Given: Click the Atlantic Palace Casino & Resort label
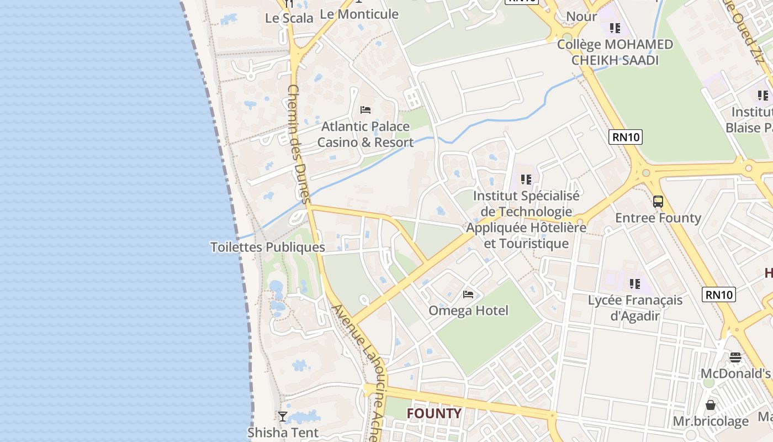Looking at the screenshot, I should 365,134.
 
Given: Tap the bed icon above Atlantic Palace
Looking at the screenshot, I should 365,109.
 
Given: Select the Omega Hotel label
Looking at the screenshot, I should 468,311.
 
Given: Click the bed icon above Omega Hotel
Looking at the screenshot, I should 468,294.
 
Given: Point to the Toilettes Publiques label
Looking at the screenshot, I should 268,247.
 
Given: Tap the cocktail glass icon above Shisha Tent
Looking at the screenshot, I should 283,416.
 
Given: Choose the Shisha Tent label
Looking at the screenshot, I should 283,432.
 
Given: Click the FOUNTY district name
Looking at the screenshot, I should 434,413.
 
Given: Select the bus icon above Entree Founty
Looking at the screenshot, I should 658,201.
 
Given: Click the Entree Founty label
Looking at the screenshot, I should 658,218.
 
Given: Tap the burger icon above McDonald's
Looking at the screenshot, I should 735,357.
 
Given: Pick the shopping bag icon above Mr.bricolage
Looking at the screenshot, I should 711,405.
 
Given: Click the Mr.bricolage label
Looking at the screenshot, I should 711,422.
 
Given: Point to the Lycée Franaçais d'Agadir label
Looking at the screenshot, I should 635,308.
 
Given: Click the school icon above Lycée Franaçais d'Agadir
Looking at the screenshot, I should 635,284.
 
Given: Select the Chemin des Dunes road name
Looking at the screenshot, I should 300,144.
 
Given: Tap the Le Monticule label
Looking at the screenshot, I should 359,14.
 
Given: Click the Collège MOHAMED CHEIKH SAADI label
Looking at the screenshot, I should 615,52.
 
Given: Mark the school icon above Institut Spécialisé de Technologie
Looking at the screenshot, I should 526,179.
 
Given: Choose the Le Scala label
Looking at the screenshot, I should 289,18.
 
